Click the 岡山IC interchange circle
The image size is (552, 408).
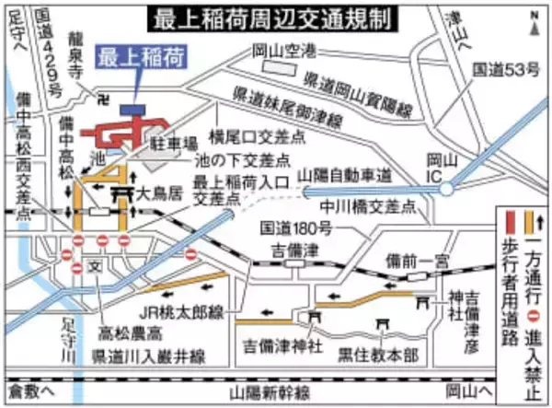point(446,188)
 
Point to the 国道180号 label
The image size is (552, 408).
point(290,227)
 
